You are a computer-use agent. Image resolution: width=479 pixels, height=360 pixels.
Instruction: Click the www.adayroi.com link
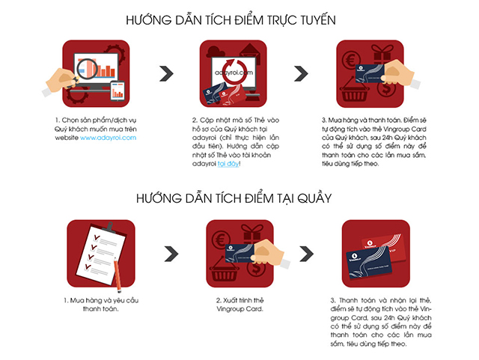coord(108,138)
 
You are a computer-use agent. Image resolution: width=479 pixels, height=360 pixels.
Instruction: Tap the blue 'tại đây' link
coord(228,164)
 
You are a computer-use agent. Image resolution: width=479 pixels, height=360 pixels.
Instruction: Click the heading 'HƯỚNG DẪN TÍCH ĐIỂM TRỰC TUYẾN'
coord(231,19)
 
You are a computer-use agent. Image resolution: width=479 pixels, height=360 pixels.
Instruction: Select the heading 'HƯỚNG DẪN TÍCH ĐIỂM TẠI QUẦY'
coord(234,198)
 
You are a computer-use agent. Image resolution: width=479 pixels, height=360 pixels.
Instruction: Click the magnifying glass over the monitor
coord(85,71)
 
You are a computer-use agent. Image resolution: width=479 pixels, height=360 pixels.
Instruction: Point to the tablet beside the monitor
coord(118,91)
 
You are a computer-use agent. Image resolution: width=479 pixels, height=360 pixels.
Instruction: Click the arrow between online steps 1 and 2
coord(166,73)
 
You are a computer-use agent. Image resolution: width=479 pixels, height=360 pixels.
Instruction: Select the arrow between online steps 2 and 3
coord(301,73)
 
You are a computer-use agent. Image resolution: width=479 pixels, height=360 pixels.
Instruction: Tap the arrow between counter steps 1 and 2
coord(171,254)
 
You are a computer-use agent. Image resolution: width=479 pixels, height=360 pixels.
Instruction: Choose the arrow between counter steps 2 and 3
coord(306,254)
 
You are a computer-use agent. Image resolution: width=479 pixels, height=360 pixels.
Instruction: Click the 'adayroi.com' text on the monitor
coord(234,73)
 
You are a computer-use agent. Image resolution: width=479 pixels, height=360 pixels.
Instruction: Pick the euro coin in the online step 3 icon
coord(350,60)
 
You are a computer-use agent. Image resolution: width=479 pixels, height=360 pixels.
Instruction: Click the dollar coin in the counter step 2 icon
coord(256,269)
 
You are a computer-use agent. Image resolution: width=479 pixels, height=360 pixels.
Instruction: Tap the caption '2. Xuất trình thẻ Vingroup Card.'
coord(239,305)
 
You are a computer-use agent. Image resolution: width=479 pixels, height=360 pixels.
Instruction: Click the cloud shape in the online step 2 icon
coord(216,52)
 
